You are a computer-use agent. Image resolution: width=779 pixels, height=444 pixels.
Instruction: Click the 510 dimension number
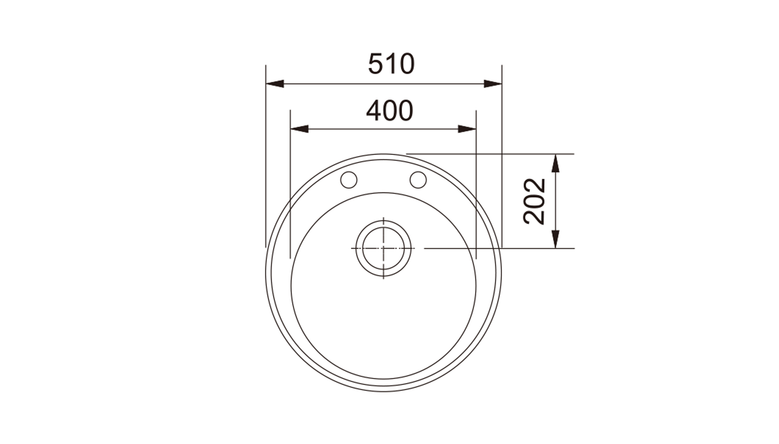pyautogui.click(x=391, y=64)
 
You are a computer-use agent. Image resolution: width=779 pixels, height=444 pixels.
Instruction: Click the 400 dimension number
pyautogui.click(x=390, y=111)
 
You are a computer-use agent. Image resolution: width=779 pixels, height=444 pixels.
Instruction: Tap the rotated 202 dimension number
pyautogui.click(x=534, y=201)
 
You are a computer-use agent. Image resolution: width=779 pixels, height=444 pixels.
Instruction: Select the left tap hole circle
pyautogui.click(x=349, y=180)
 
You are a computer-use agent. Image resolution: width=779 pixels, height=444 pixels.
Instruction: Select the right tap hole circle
pyautogui.click(x=418, y=180)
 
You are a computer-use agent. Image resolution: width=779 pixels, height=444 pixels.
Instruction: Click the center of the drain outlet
pyautogui.click(x=383, y=248)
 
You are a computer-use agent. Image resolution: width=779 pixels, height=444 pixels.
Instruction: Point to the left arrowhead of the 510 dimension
pyautogui.click(x=275, y=84)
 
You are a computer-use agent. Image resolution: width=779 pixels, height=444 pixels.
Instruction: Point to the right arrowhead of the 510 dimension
pyautogui.click(x=493, y=84)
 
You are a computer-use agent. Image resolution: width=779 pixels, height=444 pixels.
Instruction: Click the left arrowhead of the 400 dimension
pyautogui.click(x=299, y=129)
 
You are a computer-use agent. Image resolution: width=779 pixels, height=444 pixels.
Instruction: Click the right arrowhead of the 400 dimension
pyautogui.click(x=467, y=129)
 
